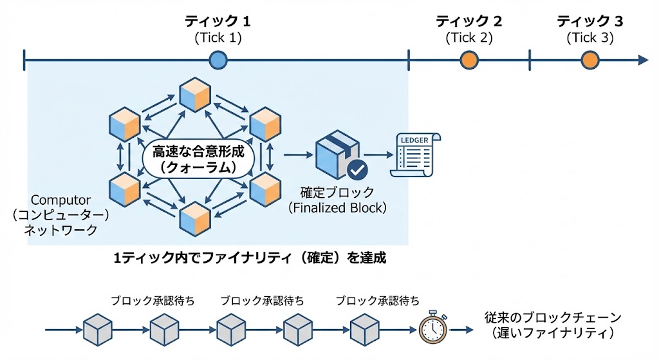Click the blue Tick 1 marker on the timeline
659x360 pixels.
pos(218,61)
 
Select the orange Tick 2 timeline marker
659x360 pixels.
pos(469,61)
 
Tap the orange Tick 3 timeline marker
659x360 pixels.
pos(589,61)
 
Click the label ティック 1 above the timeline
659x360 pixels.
pos(218,22)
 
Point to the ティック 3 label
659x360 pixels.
pos(589,22)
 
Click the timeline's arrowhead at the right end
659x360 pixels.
pos(643,61)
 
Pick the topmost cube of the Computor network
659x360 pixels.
pos(196,94)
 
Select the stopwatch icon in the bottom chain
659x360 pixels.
pos(432,329)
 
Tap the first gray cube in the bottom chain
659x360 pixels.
pos(98,329)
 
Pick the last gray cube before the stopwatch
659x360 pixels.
pos(366,329)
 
